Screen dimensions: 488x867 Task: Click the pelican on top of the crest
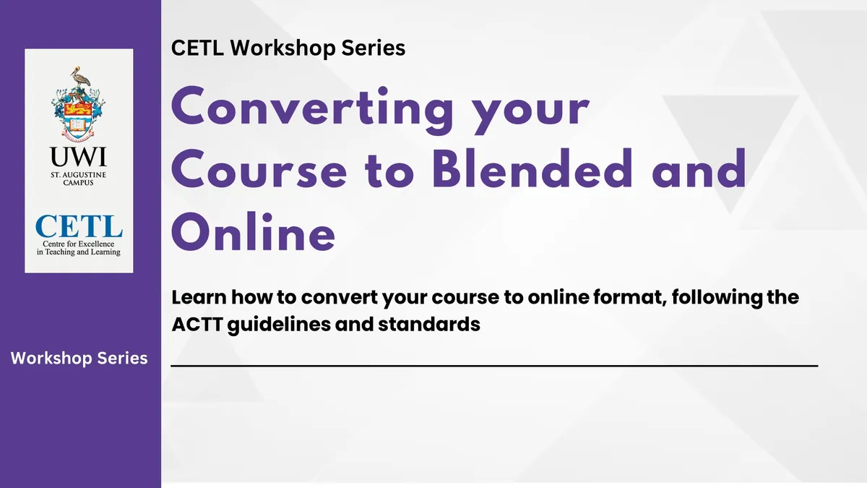coord(79,78)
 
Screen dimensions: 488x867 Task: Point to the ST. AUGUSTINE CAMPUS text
coord(79,179)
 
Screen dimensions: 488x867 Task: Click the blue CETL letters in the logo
coord(79,226)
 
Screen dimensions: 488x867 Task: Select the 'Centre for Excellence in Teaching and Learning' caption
coord(79,247)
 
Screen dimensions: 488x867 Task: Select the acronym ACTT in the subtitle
coord(197,324)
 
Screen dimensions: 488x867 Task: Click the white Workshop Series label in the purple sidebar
coord(79,358)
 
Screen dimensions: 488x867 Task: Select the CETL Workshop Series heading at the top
coord(289,48)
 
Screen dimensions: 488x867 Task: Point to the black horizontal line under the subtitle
coord(494,367)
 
